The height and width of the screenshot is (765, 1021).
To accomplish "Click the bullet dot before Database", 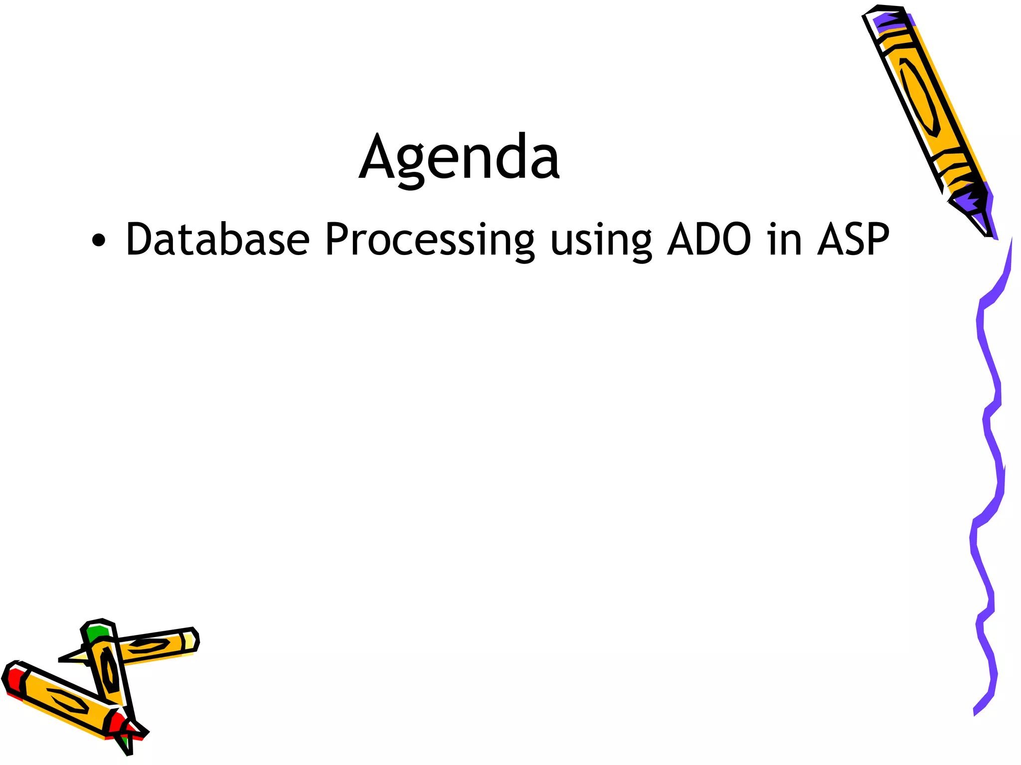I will click(x=99, y=241).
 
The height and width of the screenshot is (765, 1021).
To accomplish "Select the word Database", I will click(x=217, y=240).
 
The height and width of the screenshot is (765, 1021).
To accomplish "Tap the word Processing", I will click(x=430, y=241).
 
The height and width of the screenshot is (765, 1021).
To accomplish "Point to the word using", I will click(x=601, y=242).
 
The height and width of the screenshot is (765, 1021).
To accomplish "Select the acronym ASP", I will click(x=853, y=240).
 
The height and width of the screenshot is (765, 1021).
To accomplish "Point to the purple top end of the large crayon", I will click(x=892, y=21).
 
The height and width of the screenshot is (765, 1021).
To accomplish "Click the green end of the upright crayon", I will click(x=97, y=634).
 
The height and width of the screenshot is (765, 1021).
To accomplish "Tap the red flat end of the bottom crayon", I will click(x=13, y=680).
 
